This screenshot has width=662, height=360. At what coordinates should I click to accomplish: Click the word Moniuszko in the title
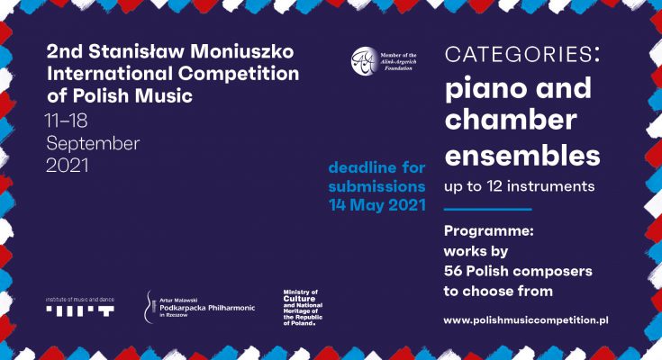point(242,51)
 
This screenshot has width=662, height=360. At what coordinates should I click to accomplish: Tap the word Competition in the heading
point(239,74)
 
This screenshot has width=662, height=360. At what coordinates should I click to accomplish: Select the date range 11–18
point(67,121)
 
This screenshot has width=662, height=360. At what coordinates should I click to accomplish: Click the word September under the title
point(93,143)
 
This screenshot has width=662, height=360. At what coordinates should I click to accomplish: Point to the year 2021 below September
point(68,165)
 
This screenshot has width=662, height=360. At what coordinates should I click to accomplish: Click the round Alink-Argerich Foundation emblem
point(364,61)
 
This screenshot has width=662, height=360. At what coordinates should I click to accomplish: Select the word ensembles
point(522,155)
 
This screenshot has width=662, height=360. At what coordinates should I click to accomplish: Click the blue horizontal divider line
point(487,209)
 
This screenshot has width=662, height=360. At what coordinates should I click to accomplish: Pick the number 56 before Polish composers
point(453,271)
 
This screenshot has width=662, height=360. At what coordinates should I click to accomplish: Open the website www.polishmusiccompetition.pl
point(526,320)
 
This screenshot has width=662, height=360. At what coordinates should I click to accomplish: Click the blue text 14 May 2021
point(377,205)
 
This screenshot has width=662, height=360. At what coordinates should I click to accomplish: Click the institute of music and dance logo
point(80,307)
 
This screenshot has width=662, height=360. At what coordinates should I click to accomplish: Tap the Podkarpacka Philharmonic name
point(207,308)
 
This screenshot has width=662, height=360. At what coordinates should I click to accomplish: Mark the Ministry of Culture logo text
point(303,307)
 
